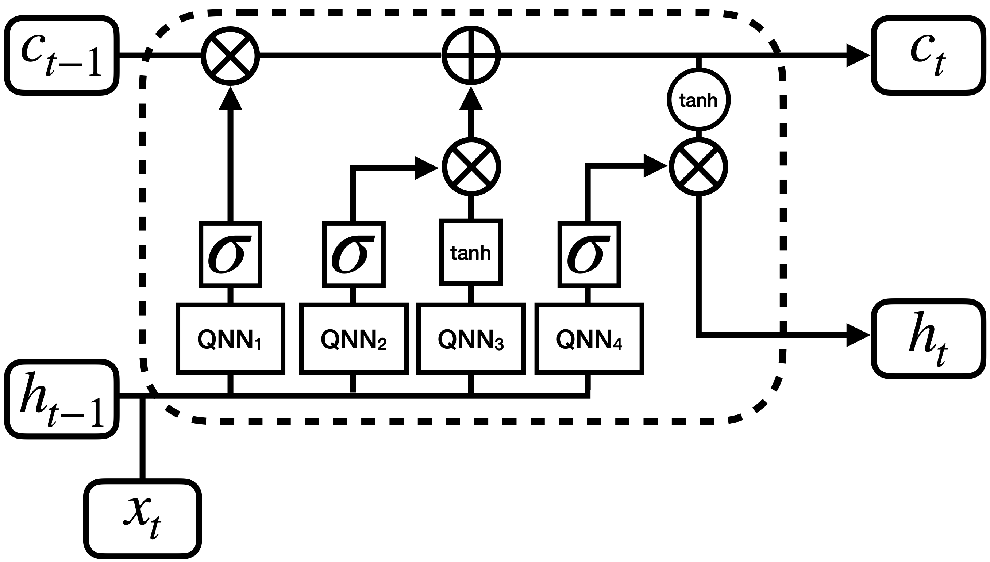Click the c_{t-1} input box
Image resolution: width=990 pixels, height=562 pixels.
pyautogui.click(x=62, y=56)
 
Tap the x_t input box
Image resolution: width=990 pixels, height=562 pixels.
pyautogui.click(x=142, y=519)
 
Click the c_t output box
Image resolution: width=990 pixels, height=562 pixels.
pyautogui.click(x=928, y=56)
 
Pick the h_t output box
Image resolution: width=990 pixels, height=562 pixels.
pyautogui.click(x=928, y=338)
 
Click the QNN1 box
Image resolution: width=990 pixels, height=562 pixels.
pyautogui.click(x=230, y=339)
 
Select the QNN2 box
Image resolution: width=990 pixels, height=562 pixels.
pyautogui.click(x=354, y=339)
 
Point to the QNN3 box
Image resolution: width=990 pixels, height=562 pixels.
pyautogui.click(x=471, y=339)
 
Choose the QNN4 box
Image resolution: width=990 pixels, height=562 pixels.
pyautogui.click(x=589, y=339)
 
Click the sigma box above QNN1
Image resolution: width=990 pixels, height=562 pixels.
pyautogui.click(x=230, y=255)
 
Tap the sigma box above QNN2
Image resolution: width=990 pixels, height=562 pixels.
pyautogui.click(x=354, y=255)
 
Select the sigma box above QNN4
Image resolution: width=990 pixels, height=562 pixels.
pyautogui.click(x=589, y=255)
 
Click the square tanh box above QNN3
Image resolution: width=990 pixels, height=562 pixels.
pyautogui.click(x=471, y=253)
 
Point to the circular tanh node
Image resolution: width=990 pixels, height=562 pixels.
pyautogui.click(x=698, y=100)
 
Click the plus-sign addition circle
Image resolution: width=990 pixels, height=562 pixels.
pyautogui.click(x=471, y=56)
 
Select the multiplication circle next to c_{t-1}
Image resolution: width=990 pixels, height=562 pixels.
pyautogui.click(x=230, y=56)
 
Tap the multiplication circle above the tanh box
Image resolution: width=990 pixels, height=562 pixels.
pyautogui.click(x=471, y=167)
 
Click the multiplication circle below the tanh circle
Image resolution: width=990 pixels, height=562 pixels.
pyautogui.click(x=698, y=167)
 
